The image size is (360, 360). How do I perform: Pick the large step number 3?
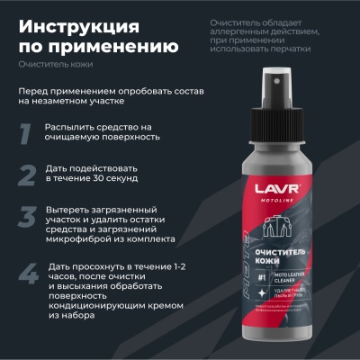point(29,219)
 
